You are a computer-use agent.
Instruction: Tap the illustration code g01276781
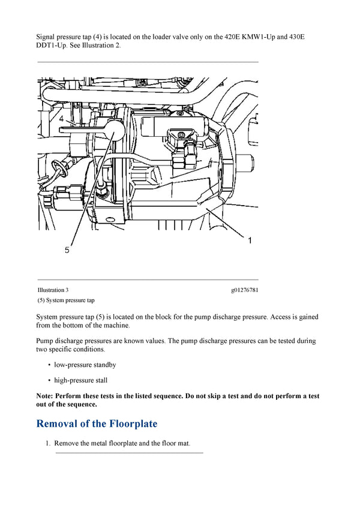244,290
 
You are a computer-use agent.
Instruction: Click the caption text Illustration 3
53,290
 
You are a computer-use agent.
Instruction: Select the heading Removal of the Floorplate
97,424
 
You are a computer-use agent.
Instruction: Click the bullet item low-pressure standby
85,365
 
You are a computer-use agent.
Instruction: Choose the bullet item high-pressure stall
81,380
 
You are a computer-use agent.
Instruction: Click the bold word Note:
45,396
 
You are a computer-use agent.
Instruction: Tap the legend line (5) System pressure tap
65,300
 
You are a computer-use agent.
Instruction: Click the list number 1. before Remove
49,444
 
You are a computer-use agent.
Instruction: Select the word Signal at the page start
46,37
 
